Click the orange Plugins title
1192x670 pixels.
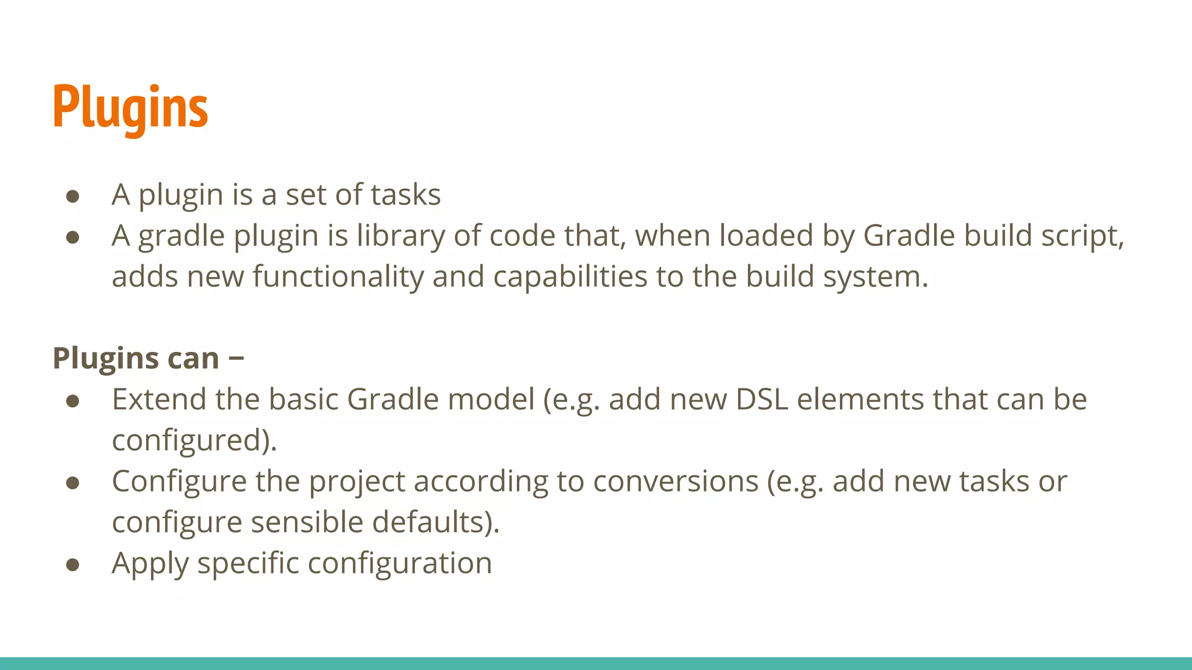point(130,108)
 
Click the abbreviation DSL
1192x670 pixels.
point(762,400)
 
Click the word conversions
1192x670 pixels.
point(676,482)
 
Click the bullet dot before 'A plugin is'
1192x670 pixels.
point(73,196)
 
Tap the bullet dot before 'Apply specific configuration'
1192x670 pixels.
point(73,565)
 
